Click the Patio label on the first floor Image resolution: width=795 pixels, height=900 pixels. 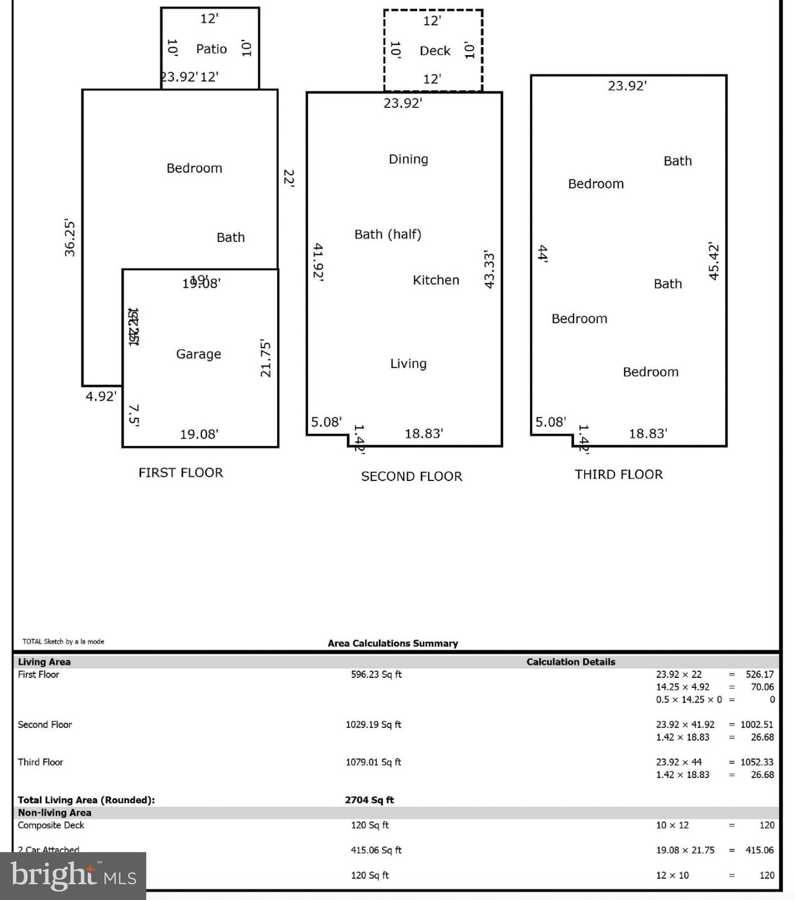point(211,49)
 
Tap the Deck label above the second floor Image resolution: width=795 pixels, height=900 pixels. point(435,51)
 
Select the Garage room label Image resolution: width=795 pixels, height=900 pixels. point(199,354)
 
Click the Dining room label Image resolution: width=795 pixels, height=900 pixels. point(408,159)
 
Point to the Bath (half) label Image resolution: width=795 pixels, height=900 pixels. point(388,234)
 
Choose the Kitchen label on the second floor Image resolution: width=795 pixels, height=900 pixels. point(436,280)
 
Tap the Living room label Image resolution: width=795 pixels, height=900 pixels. point(408,364)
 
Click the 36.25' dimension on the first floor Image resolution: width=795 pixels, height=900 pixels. point(70,238)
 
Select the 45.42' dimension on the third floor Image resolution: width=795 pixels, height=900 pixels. point(714,261)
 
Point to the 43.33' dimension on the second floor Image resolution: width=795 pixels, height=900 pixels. point(489,270)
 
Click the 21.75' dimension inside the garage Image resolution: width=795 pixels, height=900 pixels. point(265,359)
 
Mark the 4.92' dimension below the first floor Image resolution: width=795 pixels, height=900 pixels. point(101,397)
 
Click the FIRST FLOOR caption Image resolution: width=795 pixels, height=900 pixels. point(180,473)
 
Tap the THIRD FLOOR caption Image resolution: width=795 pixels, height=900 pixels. point(619,475)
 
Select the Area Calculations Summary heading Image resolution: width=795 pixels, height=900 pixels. point(393,643)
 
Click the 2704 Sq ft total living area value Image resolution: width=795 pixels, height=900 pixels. point(369,800)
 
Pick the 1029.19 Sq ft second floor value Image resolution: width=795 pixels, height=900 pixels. point(373,725)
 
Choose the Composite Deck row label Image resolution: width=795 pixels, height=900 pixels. point(51,825)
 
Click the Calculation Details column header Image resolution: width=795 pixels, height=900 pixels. point(571,662)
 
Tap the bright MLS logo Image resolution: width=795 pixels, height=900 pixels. point(73,876)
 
